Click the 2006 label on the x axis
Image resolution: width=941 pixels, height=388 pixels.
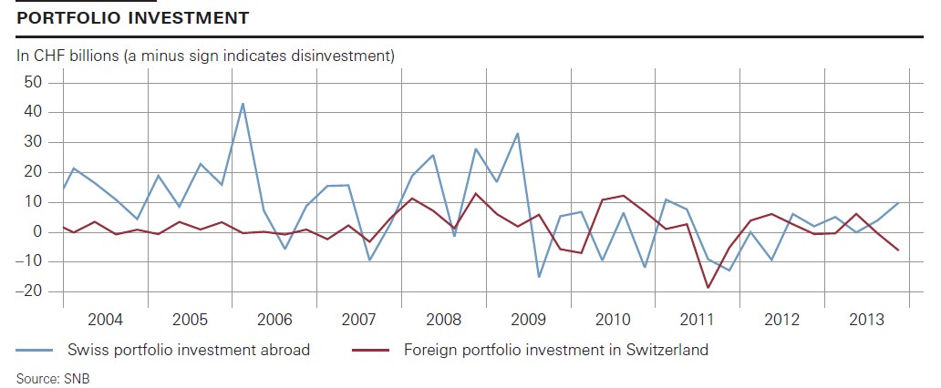tap(274, 320)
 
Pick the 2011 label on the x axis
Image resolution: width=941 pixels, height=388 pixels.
tap(697, 320)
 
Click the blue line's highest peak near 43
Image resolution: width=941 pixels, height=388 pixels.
tap(243, 103)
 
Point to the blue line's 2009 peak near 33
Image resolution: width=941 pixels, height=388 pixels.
tap(519, 133)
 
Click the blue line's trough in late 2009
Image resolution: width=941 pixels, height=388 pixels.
tap(539, 277)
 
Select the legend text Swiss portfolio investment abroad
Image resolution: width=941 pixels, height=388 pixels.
tap(189, 350)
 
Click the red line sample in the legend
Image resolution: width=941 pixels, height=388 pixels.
tap(371, 350)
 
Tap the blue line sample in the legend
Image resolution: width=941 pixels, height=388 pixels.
tap(37, 350)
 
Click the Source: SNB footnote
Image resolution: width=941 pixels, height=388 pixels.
tap(53, 377)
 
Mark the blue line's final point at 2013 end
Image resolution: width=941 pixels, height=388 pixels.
tap(899, 202)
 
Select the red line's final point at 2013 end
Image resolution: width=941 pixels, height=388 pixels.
tap(899, 250)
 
